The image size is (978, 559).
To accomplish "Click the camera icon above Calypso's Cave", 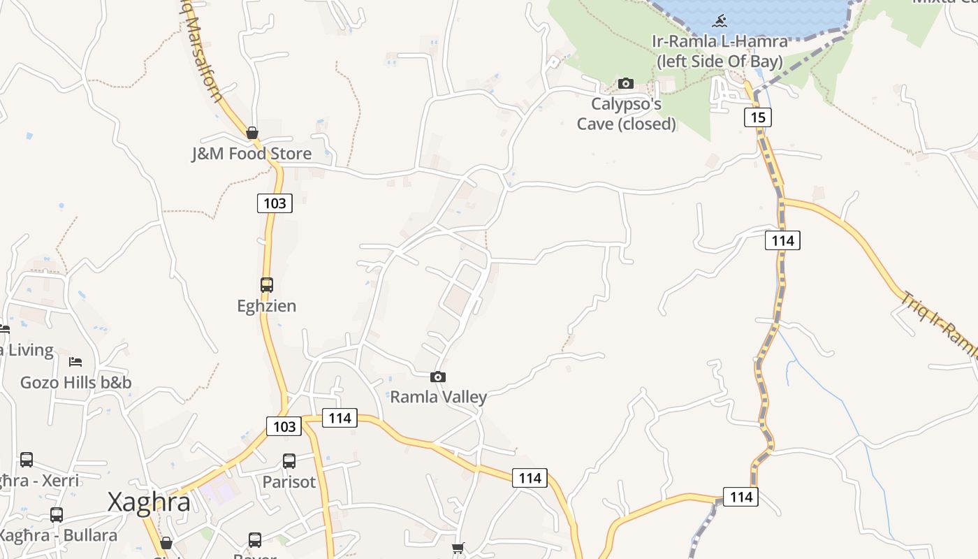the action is [x=626, y=84].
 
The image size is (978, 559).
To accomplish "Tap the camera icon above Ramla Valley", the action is [x=438, y=377].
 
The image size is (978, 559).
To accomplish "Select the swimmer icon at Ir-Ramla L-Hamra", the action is [x=720, y=20].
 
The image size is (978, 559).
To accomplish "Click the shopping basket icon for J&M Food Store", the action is [x=252, y=133].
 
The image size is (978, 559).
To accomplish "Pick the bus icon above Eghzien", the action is [x=266, y=285].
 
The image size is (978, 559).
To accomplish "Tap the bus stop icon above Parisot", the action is [x=289, y=461].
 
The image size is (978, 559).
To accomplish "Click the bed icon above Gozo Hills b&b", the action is [x=75, y=362].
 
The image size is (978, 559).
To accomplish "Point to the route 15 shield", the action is [x=758, y=117].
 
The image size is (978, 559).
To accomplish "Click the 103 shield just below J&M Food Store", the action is [x=275, y=203].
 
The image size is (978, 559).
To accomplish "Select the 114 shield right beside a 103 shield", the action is [x=340, y=418].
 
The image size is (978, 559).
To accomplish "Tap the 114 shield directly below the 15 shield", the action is [x=782, y=240].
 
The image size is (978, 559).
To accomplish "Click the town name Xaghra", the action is [x=149, y=502].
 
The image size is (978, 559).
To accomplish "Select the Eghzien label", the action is [x=267, y=306].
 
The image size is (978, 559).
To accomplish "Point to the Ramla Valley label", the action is [x=438, y=397].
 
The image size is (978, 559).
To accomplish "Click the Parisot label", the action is [x=289, y=482].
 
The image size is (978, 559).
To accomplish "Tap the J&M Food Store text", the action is [x=251, y=154].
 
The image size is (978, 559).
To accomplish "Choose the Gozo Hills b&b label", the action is [x=75, y=382].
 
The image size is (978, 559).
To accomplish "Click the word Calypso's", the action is [x=626, y=104].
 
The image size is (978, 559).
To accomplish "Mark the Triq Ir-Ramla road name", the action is [x=940, y=325].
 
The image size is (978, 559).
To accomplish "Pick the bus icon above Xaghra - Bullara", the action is [x=57, y=515].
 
